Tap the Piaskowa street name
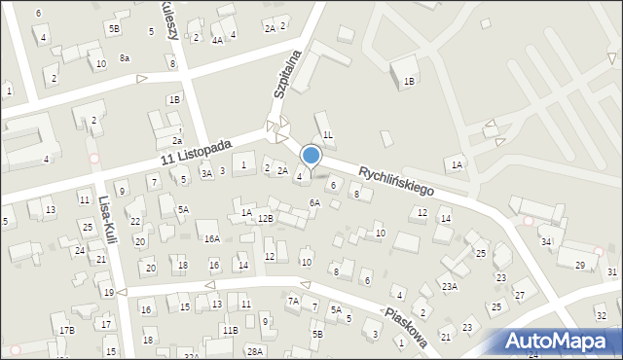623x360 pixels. click(x=406, y=326)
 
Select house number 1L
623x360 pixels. click(x=328, y=134)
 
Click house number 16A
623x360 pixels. click(x=211, y=238)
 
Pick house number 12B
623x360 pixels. click(x=266, y=219)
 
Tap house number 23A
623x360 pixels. click(x=449, y=286)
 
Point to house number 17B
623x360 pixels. click(x=66, y=331)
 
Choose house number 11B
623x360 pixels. click(x=230, y=331)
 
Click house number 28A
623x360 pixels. click(x=255, y=351)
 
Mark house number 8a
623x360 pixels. click(x=125, y=58)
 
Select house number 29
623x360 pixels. click(x=580, y=266)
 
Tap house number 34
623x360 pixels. click(x=547, y=241)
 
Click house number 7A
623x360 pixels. click(x=293, y=302)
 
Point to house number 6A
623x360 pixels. click(x=314, y=202)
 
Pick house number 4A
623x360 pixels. click(x=218, y=40)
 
